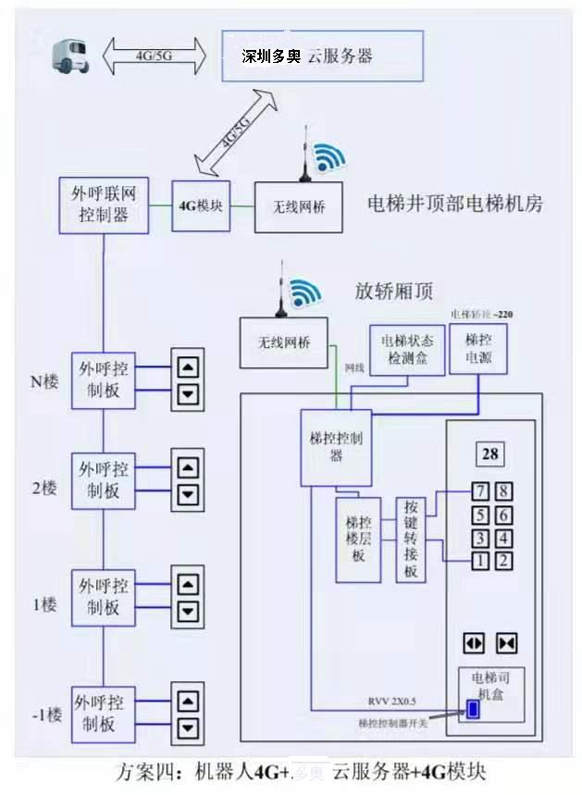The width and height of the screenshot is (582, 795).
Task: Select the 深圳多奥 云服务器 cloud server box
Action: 322,56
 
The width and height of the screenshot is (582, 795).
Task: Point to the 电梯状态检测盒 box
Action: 401,350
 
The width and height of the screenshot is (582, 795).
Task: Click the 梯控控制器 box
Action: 336,447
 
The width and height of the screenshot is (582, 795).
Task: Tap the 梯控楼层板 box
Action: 358,540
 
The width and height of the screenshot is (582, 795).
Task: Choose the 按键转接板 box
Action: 411,540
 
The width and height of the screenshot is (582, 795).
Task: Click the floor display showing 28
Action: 490,453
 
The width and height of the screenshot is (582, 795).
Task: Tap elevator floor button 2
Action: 502,560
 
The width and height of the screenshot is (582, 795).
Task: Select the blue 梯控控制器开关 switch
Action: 472,710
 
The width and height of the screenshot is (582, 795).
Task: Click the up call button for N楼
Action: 188,366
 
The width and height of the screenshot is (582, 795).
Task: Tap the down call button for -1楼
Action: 188,727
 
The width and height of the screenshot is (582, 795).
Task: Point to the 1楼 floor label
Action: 44,604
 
